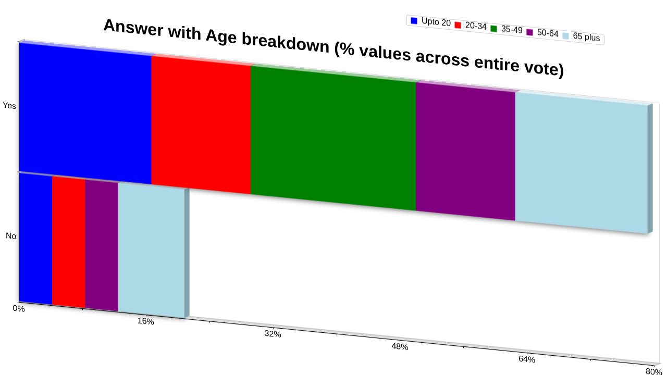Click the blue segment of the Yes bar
pyautogui.click(x=85, y=114)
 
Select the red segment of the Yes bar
pyautogui.click(x=201, y=125)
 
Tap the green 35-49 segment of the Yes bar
pyautogui.click(x=333, y=138)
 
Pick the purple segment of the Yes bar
pyautogui.click(x=465, y=152)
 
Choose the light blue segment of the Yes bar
pyautogui.click(x=582, y=163)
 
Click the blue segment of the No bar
pyautogui.click(x=35, y=239)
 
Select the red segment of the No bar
pyautogui.click(x=68, y=242)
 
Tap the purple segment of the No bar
pyautogui.click(x=102, y=245)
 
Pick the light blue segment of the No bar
pyautogui.click(x=151, y=251)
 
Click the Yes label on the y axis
pyautogui.click(x=9, y=106)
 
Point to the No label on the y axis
pyautogui.click(x=11, y=236)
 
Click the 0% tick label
pyautogui.click(x=19, y=309)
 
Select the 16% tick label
pyautogui.click(x=145, y=321)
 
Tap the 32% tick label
pyautogui.click(x=273, y=334)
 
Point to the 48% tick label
pyautogui.click(x=400, y=347)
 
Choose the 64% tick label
pyautogui.click(x=527, y=359)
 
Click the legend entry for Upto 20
pyautogui.click(x=430, y=22)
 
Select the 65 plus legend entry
pyautogui.click(x=581, y=36)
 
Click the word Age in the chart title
pyautogui.click(x=221, y=36)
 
